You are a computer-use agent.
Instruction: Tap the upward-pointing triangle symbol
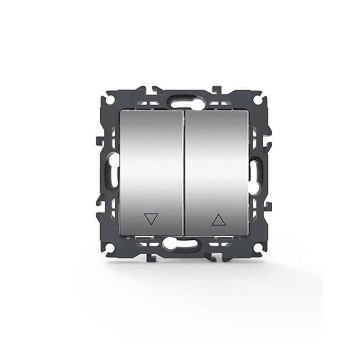pyautogui.click(x=218, y=220)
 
